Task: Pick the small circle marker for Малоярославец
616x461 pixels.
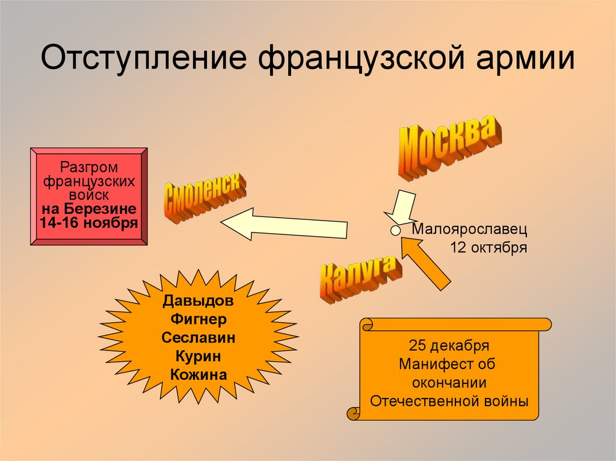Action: click(395, 230)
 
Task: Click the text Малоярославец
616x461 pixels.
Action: click(469, 229)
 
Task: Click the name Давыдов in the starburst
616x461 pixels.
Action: click(198, 300)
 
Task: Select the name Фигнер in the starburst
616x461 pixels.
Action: click(198, 319)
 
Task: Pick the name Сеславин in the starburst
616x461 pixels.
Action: click(198, 338)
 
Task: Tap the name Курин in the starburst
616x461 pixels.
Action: click(198, 356)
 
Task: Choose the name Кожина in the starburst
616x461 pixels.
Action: click(198, 375)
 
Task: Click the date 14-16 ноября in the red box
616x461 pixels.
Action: click(88, 222)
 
